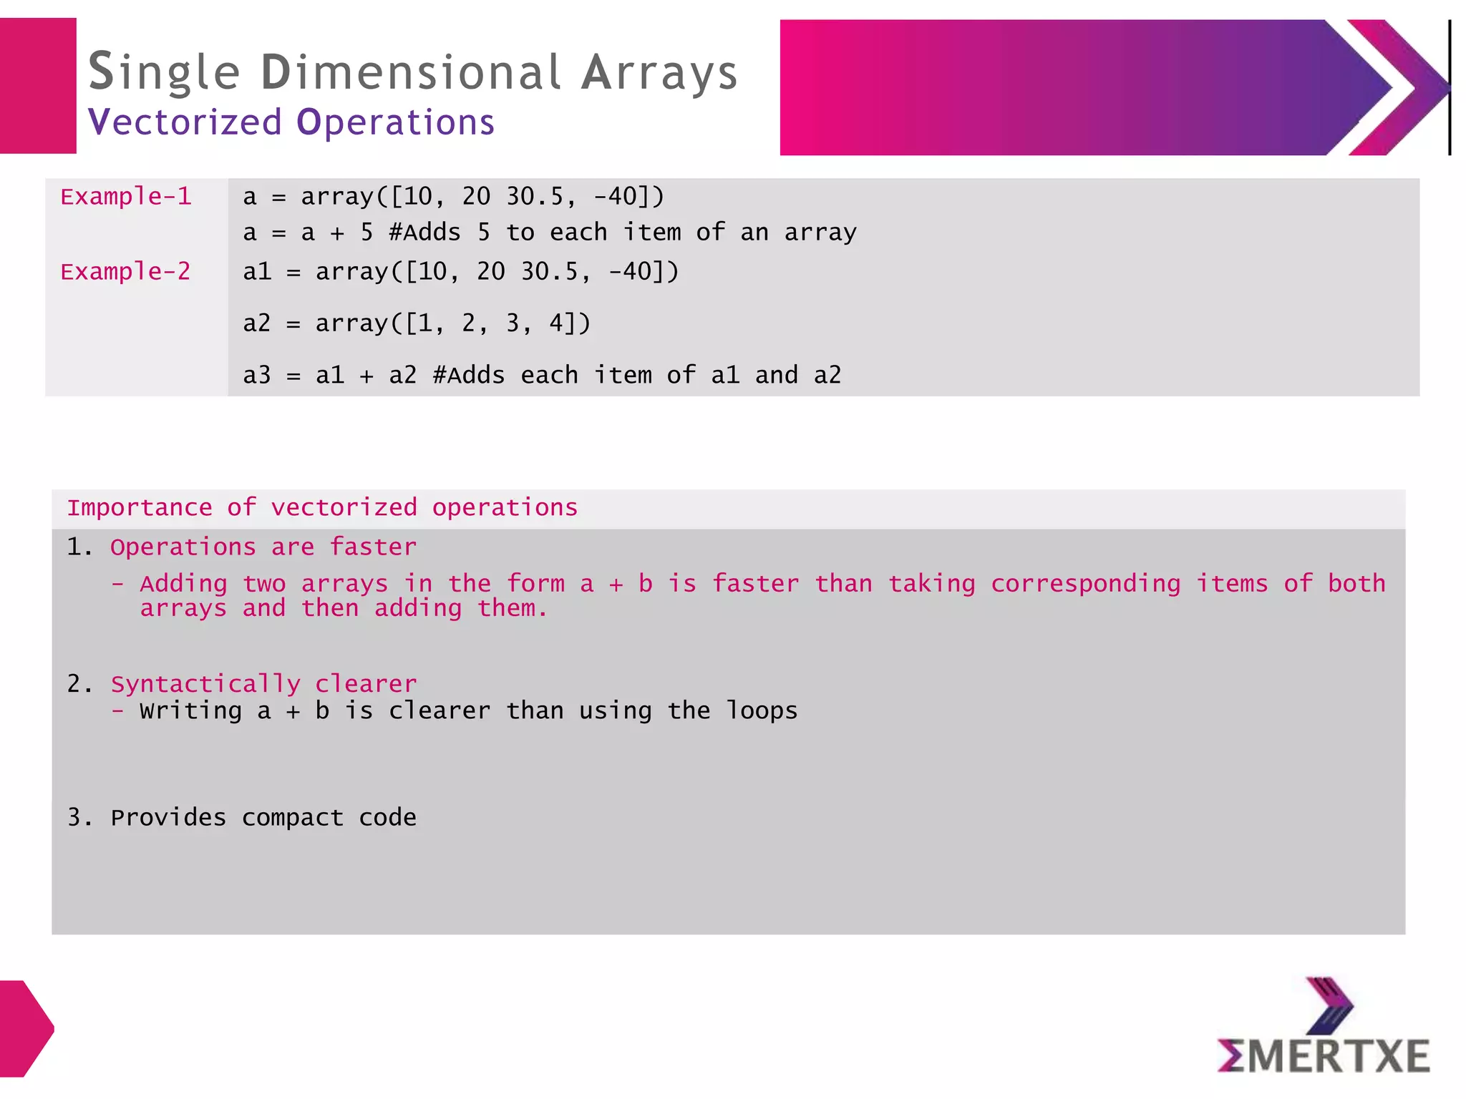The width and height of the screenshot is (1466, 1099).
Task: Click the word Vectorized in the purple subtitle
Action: point(185,122)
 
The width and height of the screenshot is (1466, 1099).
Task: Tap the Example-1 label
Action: point(126,197)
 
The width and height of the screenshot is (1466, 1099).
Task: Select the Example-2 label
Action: point(126,272)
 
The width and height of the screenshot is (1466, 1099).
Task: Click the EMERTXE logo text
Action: point(1324,1057)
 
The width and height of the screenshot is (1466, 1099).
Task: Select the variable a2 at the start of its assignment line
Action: point(257,323)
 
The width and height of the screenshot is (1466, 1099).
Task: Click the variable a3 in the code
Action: point(257,375)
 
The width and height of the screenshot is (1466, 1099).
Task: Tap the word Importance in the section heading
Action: point(140,508)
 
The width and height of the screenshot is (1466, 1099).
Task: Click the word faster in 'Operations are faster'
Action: point(373,547)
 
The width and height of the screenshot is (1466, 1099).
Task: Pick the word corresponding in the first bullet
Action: point(1085,585)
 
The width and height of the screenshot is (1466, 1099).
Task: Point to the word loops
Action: point(762,710)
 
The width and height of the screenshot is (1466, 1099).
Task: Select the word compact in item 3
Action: point(293,818)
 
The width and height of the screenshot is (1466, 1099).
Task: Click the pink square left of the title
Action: point(37,86)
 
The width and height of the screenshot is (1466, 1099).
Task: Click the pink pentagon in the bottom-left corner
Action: point(24,1028)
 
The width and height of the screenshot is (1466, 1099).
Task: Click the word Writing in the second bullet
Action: point(191,710)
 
